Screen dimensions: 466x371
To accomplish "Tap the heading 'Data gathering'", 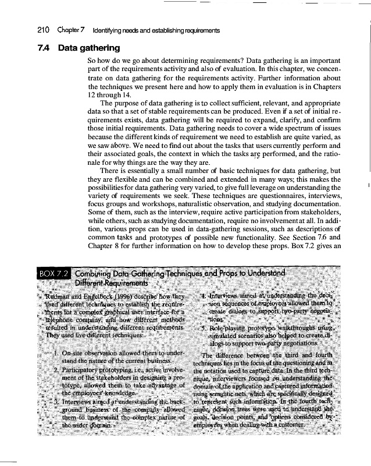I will point(89,48).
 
